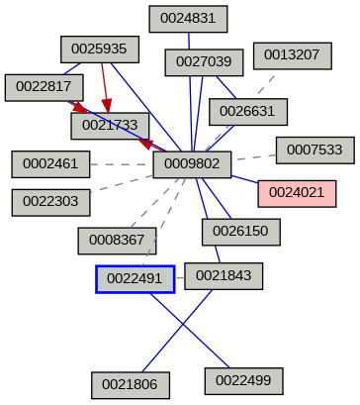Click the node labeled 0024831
(188, 17)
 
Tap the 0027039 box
(204, 62)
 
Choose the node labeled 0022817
(44, 87)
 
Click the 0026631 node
(247, 110)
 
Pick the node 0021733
(109, 125)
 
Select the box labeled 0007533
(315, 150)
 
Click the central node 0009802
(192, 163)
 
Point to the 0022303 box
(50, 202)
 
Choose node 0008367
(117, 240)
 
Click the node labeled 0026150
(241, 232)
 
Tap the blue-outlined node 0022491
(135, 279)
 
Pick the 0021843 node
(224, 274)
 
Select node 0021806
(131, 384)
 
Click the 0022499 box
(243, 379)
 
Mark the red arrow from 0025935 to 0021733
(105, 87)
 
